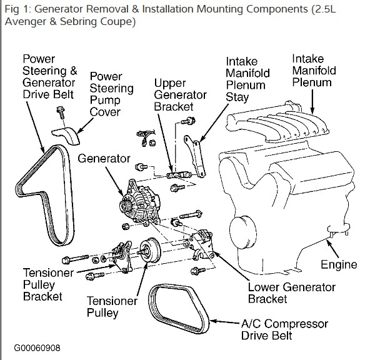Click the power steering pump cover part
point(66,136)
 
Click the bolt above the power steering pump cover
point(61,112)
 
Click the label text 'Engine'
point(339,264)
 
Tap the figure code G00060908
point(37,348)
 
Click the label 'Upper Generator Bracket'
point(180,94)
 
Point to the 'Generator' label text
point(104,158)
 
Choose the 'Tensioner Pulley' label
point(112,307)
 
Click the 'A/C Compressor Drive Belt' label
point(284,329)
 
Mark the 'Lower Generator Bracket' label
point(292,293)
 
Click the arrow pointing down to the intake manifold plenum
point(312,102)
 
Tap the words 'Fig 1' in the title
point(18,9)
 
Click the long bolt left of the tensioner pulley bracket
point(75,259)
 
